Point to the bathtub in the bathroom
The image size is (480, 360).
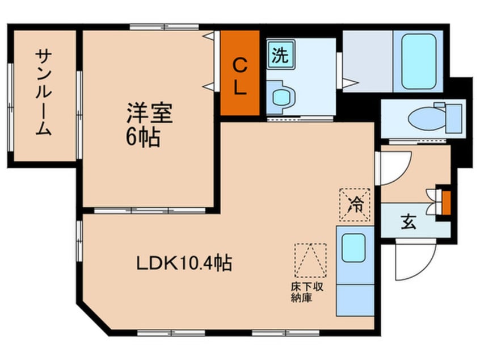click(418, 61)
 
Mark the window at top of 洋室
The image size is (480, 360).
click(164, 26)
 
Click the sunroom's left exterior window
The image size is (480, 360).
click(10, 94)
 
